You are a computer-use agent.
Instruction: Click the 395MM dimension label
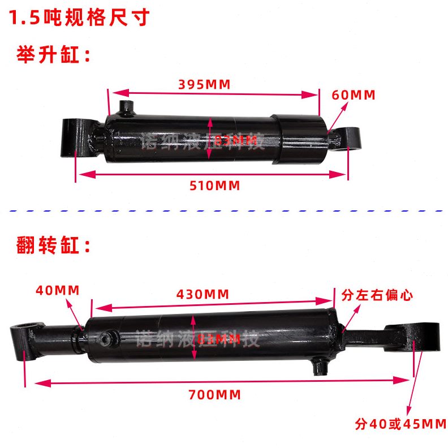point(204,85)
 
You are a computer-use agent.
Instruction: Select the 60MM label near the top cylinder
point(354,95)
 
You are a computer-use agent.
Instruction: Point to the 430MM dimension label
point(203,294)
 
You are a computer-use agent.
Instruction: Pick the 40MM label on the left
point(57,290)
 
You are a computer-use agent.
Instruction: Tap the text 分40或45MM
point(400,424)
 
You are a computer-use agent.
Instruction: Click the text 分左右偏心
point(377,295)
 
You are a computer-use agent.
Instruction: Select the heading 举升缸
point(54,57)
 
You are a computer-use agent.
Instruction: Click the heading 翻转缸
point(54,246)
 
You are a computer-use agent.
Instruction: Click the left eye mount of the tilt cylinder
point(25,337)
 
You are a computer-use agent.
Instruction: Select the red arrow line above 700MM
point(221,382)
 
